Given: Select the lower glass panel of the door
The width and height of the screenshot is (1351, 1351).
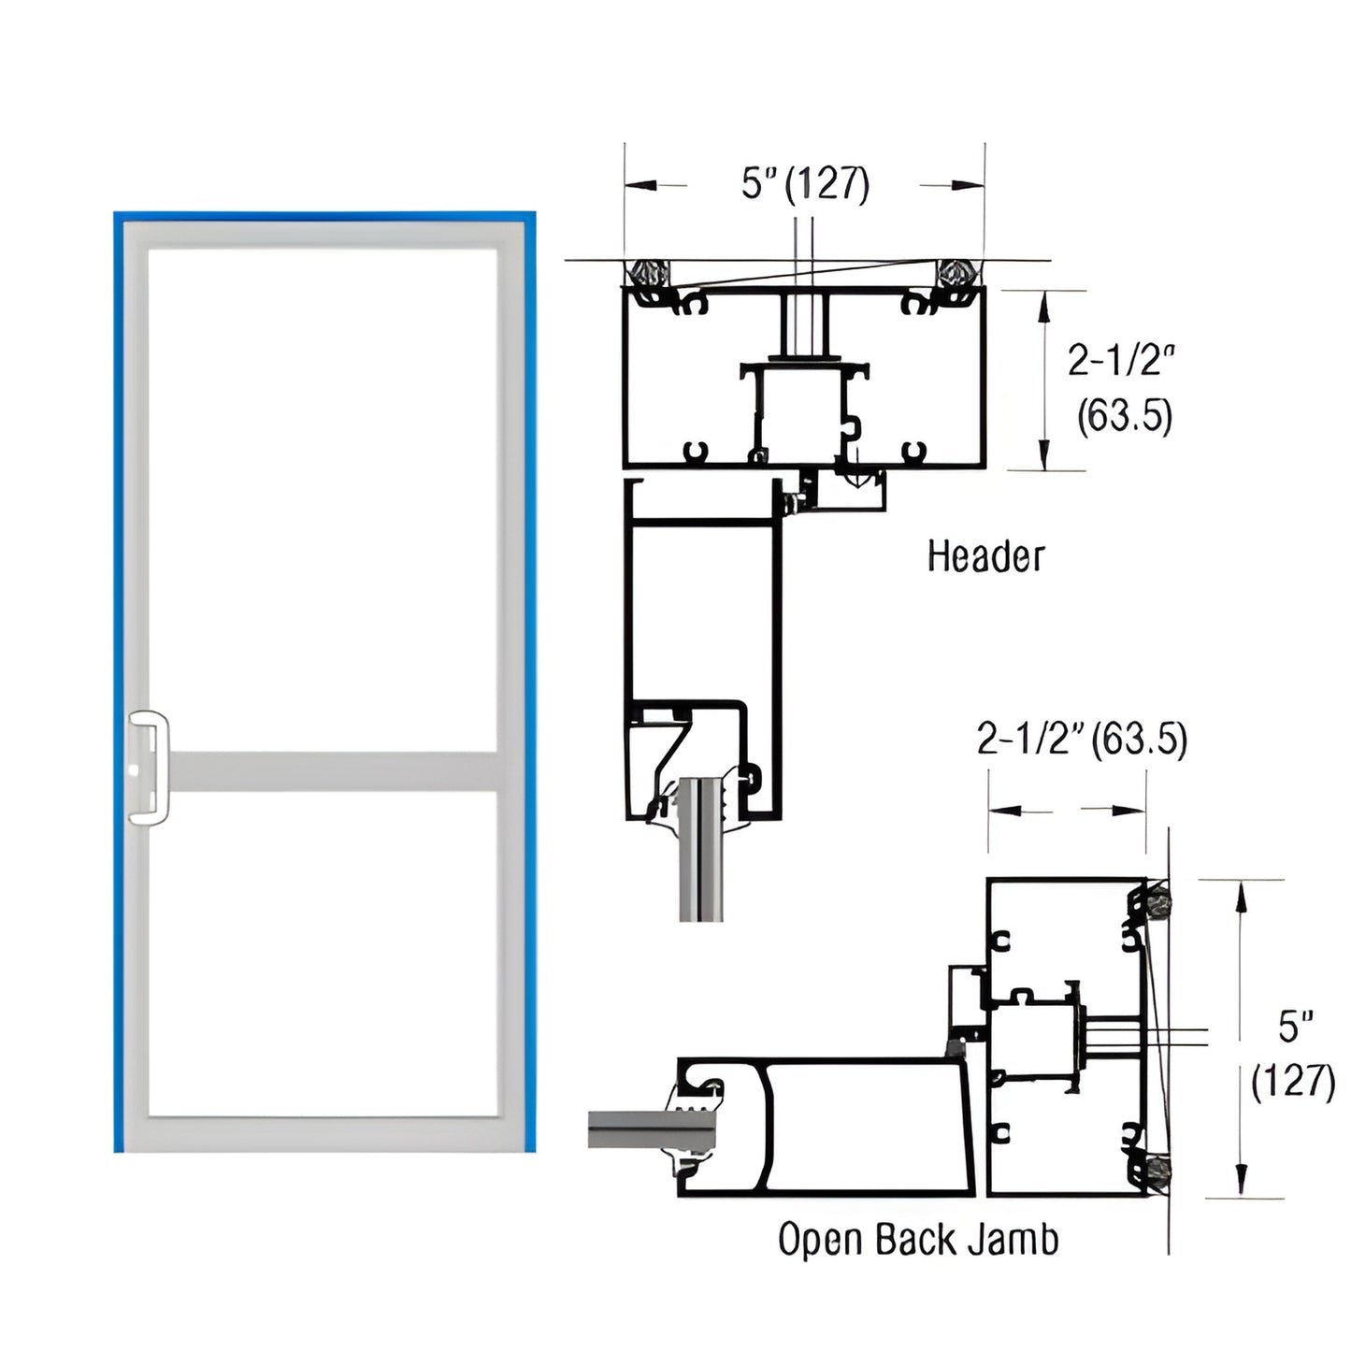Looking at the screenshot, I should (x=323, y=954).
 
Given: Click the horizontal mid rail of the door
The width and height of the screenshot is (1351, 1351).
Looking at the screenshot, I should (x=332, y=771).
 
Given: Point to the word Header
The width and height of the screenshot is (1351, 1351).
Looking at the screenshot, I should (x=985, y=556).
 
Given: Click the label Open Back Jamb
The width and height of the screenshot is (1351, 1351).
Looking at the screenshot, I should (x=918, y=1240).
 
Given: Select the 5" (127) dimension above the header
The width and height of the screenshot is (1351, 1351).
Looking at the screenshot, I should (x=805, y=184).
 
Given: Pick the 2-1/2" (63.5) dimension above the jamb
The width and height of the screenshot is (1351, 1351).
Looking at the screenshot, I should (x=1082, y=740).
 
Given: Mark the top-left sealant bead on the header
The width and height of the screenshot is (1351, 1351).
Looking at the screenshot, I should (x=648, y=273).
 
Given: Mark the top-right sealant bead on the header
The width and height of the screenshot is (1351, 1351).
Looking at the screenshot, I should (x=956, y=273).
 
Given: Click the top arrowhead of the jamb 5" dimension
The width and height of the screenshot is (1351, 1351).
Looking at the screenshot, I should (x=1241, y=894).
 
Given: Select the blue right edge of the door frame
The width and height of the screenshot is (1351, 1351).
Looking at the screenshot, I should (x=530, y=683).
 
